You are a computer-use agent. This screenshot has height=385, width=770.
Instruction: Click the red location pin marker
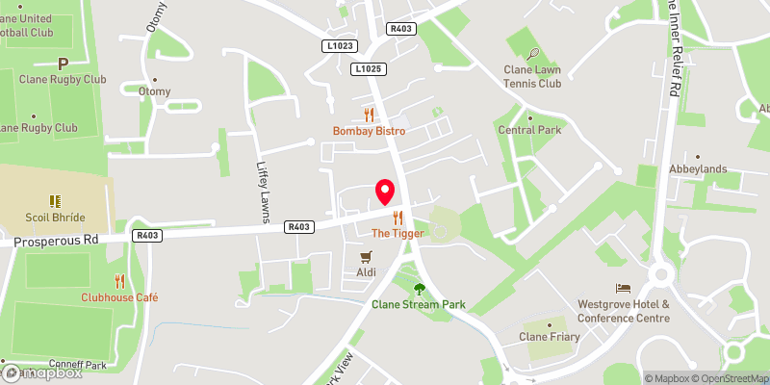385,192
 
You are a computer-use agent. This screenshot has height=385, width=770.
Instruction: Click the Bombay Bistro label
369,131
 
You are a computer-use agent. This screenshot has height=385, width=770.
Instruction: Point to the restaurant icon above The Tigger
398,218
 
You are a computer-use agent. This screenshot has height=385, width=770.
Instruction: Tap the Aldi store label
366,273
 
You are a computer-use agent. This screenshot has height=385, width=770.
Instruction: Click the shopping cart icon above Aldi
366,257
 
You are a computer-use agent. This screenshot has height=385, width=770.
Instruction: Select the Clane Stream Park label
419,305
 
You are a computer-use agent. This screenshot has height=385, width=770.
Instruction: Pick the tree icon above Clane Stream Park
419,289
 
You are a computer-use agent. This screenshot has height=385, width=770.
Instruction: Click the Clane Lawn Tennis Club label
532,76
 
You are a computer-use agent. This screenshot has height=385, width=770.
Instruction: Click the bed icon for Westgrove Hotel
623,288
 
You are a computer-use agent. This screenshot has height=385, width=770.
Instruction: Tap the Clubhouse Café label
119,297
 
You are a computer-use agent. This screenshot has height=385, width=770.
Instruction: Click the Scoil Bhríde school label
53,218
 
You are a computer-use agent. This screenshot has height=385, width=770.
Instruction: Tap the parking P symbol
64,64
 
